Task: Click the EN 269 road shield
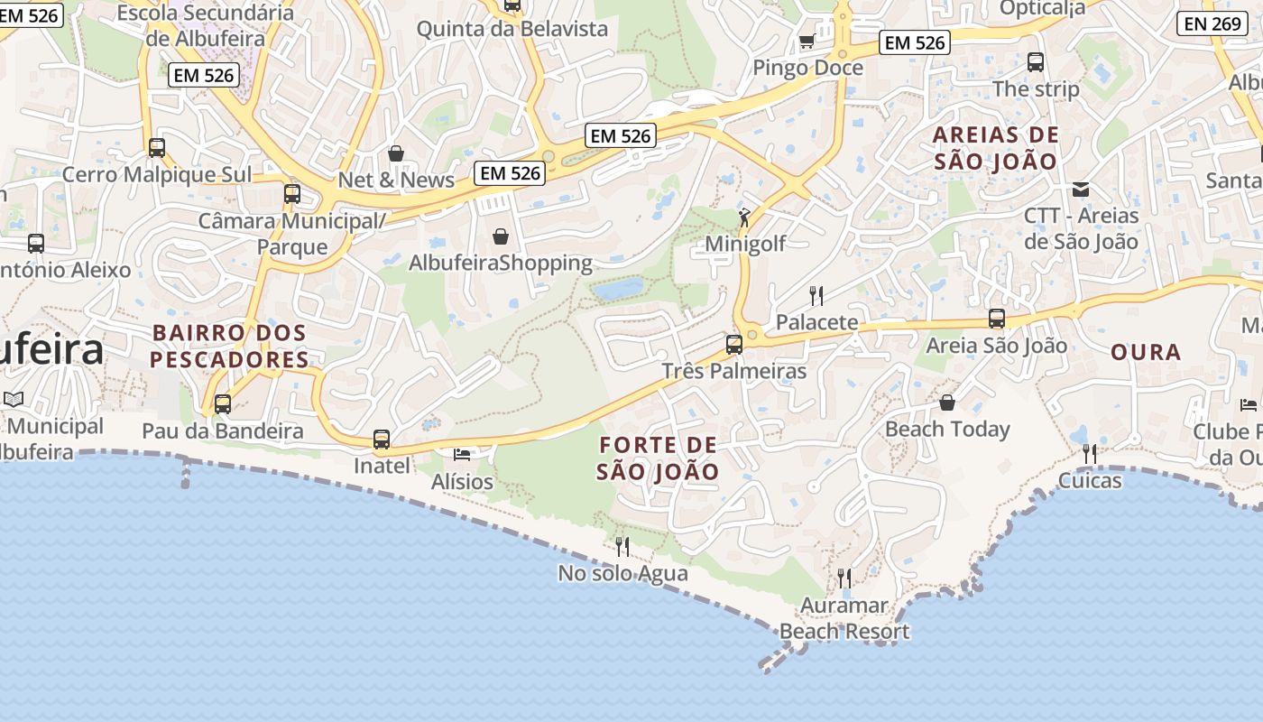1212,23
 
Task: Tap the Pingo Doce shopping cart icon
807,42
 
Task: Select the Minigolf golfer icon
744,218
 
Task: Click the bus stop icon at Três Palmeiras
734,344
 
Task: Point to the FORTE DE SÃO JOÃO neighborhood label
658,458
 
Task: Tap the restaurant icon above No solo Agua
622,546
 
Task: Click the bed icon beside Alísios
462,454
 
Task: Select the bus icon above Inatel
382,440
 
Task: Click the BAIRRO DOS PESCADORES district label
229,346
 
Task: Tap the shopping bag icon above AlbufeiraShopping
501,236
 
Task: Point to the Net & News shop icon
395,153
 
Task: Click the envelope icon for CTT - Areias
1081,190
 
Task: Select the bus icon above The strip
1036,62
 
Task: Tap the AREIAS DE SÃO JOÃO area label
995,148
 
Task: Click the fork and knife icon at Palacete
816,295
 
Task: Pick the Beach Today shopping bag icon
947,403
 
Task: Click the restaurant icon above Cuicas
1090,453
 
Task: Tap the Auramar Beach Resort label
844,618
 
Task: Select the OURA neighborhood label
1146,352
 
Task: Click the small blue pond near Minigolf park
619,290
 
